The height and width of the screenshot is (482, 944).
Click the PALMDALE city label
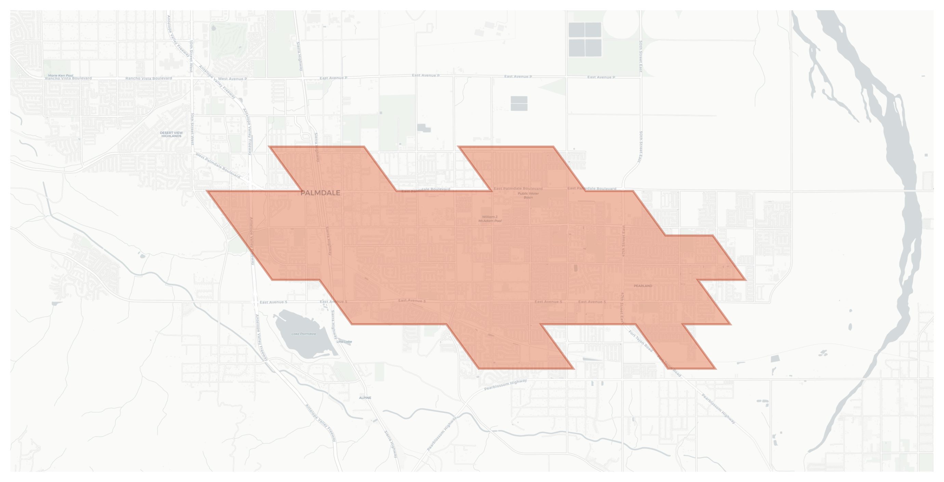pos(320,193)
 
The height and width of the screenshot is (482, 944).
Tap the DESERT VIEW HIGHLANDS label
pos(171,134)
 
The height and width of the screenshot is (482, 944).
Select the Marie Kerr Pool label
pos(61,76)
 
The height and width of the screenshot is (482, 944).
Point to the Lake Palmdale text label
pos(303,334)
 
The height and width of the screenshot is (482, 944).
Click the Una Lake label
pos(344,342)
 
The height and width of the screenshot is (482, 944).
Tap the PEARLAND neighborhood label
pos(643,286)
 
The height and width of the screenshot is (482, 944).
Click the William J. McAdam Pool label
pos(490,219)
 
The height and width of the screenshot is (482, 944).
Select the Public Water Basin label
pos(528,195)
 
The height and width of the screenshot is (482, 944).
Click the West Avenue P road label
pos(232,79)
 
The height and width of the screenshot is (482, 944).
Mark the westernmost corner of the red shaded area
pos(207,191)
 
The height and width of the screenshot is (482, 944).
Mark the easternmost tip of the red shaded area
pos(745,280)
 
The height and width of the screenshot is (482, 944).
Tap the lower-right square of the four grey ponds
pos(593,48)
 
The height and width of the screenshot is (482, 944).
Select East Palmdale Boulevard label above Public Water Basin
pos(518,189)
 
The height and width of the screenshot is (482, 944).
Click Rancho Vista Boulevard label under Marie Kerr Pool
pos(68,78)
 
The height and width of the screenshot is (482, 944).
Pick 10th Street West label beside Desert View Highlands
pos(192,129)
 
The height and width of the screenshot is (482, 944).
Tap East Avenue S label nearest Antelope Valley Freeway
pos(273,302)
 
